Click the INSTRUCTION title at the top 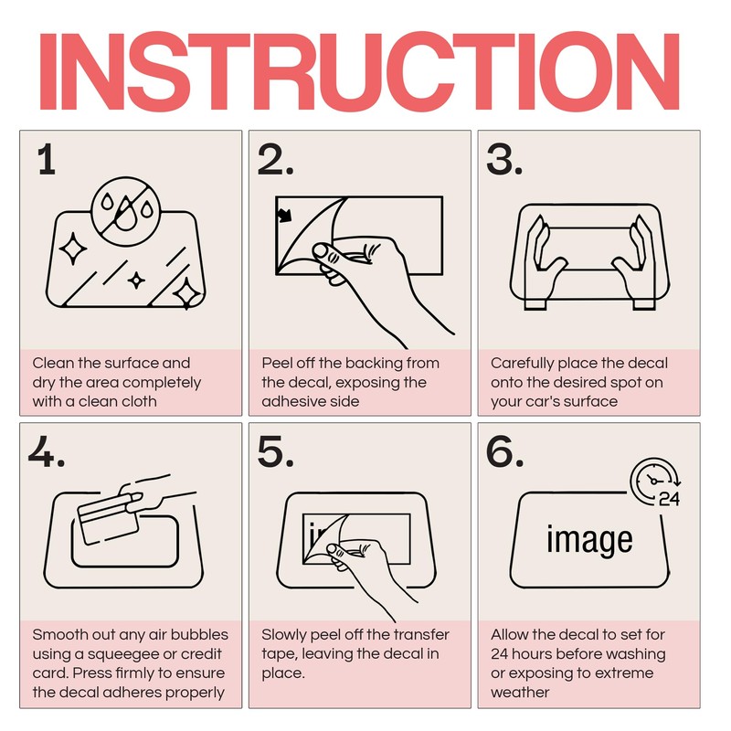359,71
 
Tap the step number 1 47,159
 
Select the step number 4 47,451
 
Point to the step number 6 505,451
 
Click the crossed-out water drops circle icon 126,210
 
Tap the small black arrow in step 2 284,215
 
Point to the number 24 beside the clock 670,499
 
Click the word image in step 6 589,540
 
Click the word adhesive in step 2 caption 286,401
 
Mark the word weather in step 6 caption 520,693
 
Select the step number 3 504,159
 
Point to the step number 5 276,451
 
